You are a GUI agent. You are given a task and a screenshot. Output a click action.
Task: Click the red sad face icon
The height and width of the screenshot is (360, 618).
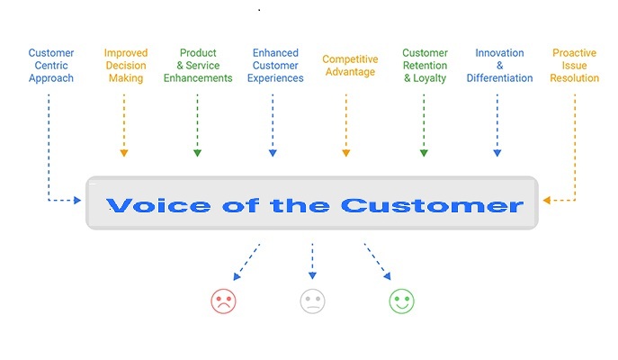(x=223, y=301)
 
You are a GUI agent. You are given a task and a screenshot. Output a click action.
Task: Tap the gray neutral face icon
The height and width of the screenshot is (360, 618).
(x=312, y=301)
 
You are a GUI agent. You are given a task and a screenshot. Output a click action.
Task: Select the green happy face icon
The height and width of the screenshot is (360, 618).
(x=401, y=301)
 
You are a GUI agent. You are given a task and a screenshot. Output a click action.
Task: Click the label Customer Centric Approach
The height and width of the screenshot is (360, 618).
(x=50, y=66)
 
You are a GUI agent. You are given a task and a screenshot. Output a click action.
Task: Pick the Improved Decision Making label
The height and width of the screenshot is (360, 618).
(x=125, y=66)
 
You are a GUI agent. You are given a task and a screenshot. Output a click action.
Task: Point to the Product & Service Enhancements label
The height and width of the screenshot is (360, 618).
(x=198, y=66)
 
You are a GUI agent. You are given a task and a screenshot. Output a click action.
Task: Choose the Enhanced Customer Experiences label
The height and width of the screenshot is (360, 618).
(x=274, y=66)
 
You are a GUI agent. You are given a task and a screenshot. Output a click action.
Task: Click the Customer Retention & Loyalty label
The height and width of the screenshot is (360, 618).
(x=425, y=66)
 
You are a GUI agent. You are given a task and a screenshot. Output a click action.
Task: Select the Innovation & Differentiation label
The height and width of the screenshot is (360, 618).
(x=499, y=66)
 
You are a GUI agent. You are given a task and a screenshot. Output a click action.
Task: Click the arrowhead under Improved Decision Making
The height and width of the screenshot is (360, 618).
(x=124, y=153)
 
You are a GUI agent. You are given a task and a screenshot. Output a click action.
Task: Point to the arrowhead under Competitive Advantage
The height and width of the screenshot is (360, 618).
(x=346, y=153)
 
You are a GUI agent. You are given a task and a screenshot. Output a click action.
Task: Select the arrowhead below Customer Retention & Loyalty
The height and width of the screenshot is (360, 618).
(x=424, y=153)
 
